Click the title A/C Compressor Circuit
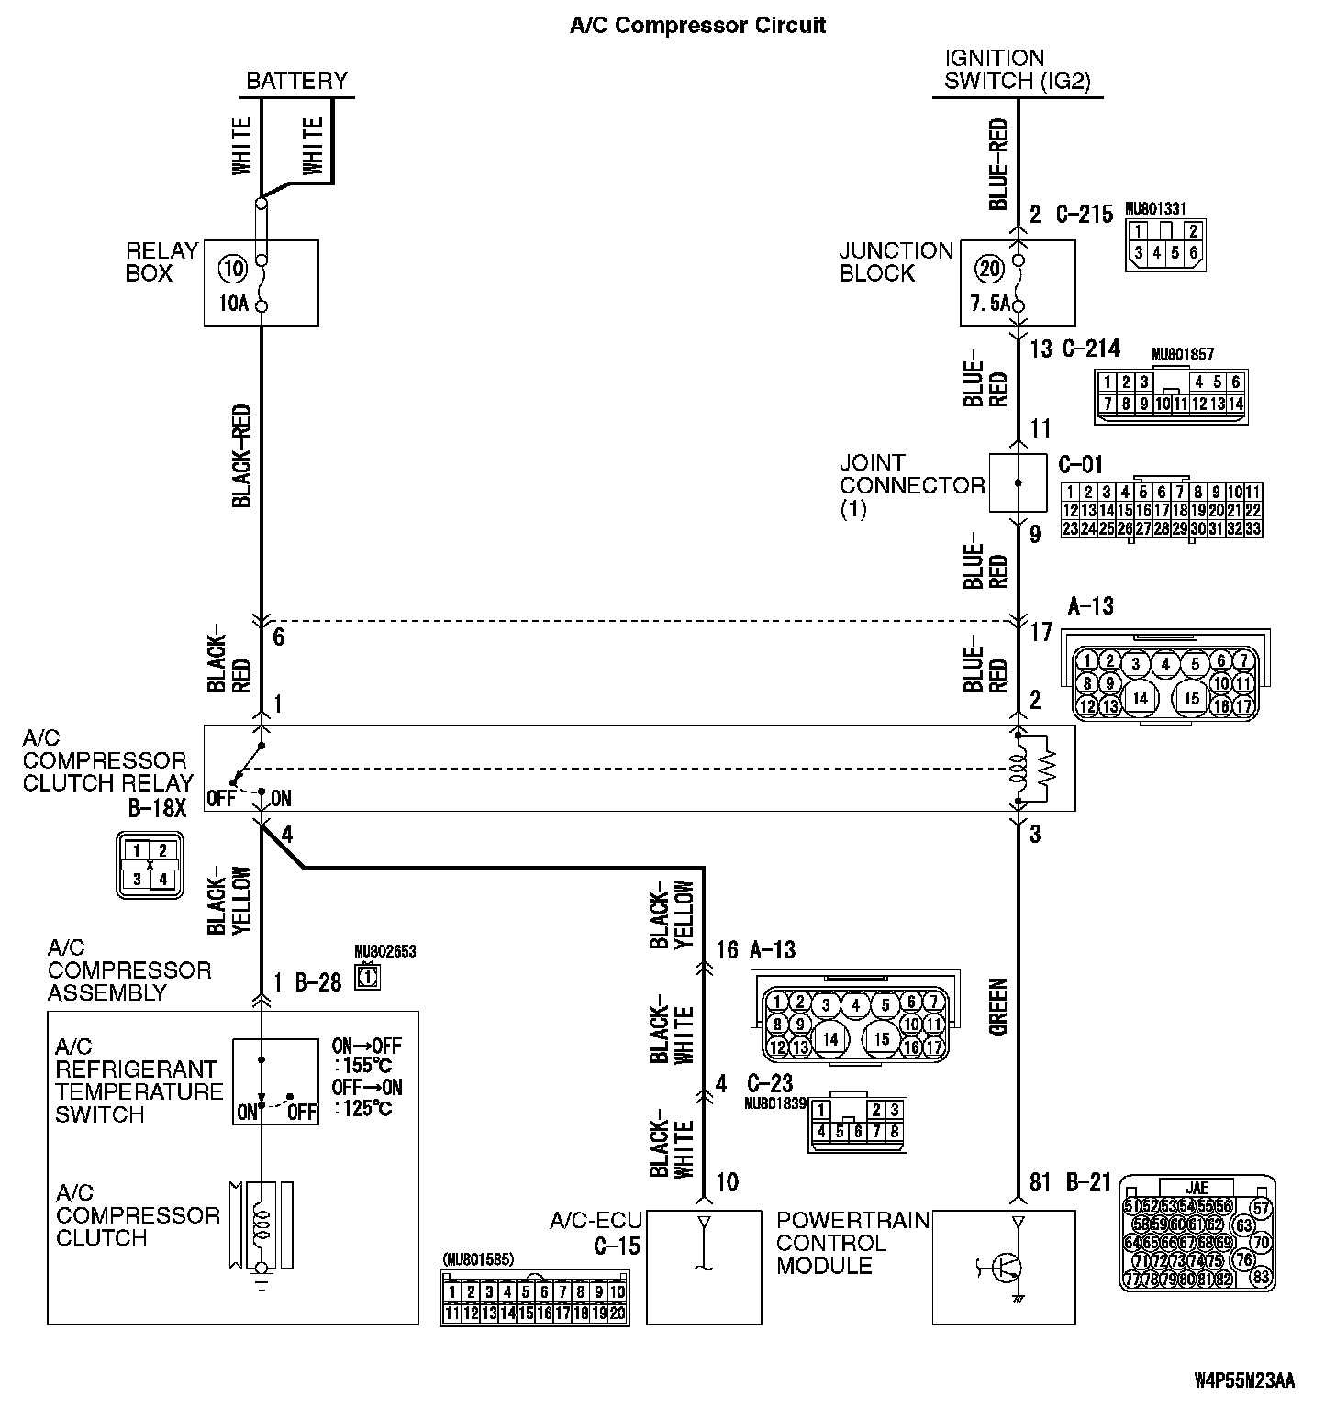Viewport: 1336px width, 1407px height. click(x=697, y=25)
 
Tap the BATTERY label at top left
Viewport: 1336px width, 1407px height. click(x=296, y=81)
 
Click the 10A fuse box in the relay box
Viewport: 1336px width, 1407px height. click(x=261, y=283)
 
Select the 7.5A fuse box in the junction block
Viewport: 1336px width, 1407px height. click(x=1017, y=283)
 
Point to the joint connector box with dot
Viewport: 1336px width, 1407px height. click(x=1018, y=482)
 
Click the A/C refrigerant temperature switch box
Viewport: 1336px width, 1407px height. click(x=275, y=1081)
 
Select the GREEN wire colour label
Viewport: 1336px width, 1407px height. click(x=998, y=1007)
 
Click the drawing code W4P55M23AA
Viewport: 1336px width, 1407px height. click(x=1244, y=1380)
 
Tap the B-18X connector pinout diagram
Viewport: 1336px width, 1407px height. click(x=150, y=865)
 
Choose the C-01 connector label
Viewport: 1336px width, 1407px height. click(x=1080, y=464)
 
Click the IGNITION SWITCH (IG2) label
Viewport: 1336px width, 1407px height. click(x=1018, y=70)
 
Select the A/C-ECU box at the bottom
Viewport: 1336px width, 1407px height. click(x=703, y=1267)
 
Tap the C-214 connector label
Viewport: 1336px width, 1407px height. click(x=1092, y=349)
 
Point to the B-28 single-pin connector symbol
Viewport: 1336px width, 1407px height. click(x=368, y=979)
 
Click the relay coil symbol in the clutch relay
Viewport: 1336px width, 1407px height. click(x=1018, y=769)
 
